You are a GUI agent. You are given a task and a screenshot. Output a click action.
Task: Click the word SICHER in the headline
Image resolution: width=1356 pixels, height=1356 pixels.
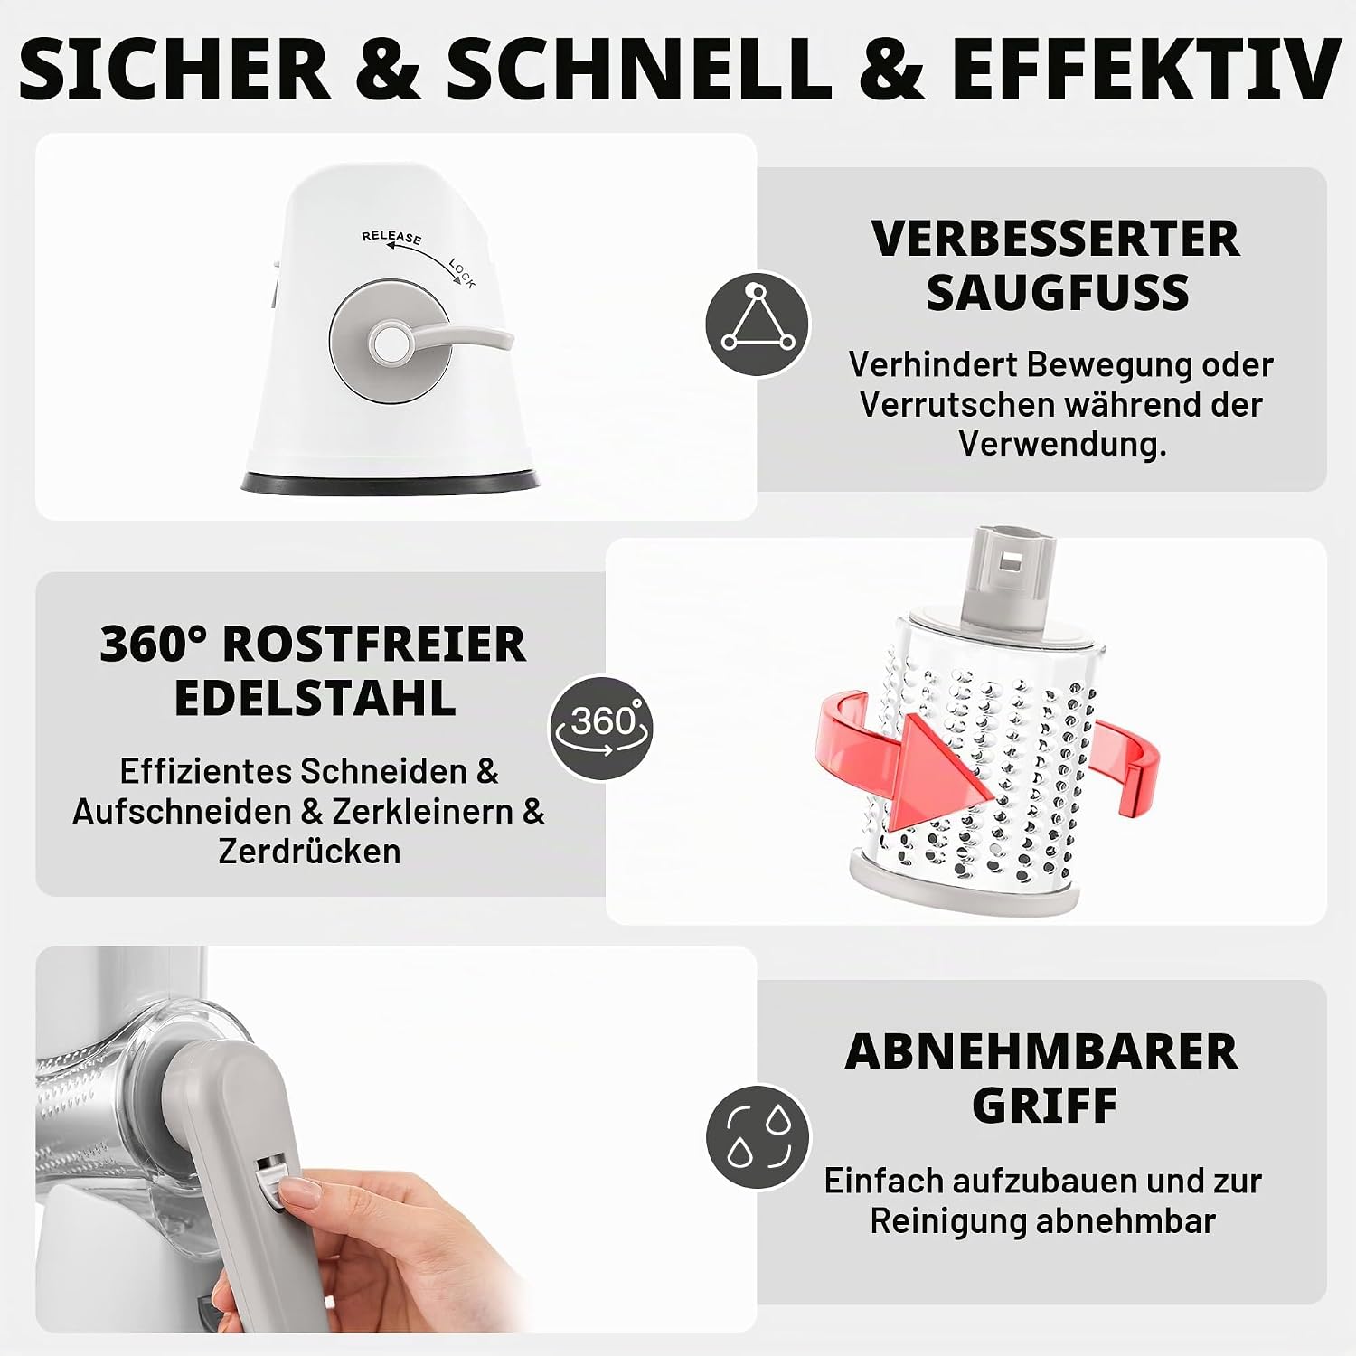click(x=174, y=70)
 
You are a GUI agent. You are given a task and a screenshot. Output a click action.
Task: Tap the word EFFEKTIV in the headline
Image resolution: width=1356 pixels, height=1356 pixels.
click(x=1145, y=70)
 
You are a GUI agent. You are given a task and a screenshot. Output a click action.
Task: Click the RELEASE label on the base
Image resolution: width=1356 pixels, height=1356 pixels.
click(x=391, y=237)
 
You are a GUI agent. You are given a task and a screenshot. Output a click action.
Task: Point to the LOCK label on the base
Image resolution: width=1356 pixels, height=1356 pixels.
click(x=461, y=273)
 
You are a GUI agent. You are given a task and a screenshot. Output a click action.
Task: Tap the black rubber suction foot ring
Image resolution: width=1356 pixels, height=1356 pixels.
click(x=391, y=482)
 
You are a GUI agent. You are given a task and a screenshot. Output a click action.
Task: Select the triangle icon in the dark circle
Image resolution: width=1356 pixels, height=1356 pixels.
click(x=758, y=324)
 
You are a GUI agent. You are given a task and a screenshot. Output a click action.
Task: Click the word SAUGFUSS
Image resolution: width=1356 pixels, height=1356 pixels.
click(x=1058, y=293)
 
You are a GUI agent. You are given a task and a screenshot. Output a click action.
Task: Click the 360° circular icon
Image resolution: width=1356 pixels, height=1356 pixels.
click(x=601, y=728)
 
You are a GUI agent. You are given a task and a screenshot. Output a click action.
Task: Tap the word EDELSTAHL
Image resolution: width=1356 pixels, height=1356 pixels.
click(x=315, y=699)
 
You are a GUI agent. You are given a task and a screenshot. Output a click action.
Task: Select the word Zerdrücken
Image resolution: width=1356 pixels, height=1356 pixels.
click(x=309, y=852)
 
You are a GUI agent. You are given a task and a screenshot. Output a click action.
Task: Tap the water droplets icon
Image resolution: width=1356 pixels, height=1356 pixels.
click(x=758, y=1136)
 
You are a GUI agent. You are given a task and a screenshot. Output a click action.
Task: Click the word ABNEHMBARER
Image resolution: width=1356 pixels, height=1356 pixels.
click(x=1041, y=1051)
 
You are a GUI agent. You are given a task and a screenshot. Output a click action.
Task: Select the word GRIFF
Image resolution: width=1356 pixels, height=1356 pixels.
click(x=1045, y=1106)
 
